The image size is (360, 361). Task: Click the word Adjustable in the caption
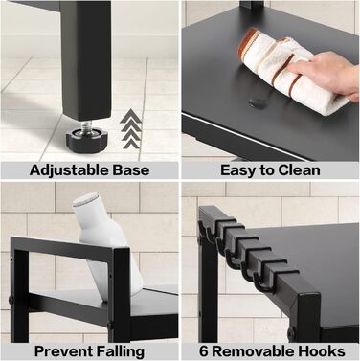pyautogui.click(x=68, y=170)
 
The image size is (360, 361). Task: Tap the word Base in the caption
pyautogui.click(x=130, y=169)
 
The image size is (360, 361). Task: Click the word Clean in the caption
pyautogui.click(x=299, y=169)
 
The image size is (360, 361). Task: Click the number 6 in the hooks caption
pyautogui.click(x=204, y=351)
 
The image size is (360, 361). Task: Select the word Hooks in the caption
pyautogui.click(x=322, y=351)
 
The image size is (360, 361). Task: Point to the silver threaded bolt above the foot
pyautogui.click(x=87, y=125)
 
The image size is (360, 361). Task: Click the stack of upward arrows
pyautogui.click(x=131, y=128)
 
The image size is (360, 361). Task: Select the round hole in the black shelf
pyautogui.click(x=258, y=102)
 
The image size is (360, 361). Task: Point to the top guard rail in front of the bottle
pyautogui.click(x=62, y=247)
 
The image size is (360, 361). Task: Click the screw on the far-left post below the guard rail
pyautogui.click(x=11, y=301)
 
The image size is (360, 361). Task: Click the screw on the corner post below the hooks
pyautogui.click(x=291, y=333)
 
